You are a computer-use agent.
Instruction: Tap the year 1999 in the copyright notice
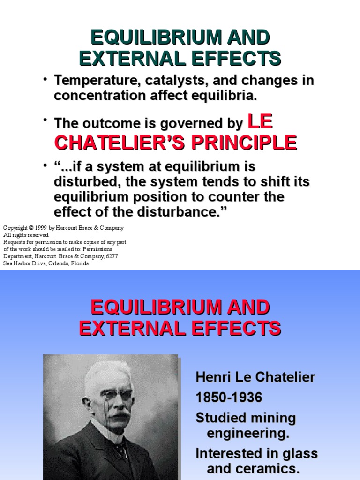[x=39, y=228]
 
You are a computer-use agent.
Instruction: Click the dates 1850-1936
[x=229, y=397]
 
